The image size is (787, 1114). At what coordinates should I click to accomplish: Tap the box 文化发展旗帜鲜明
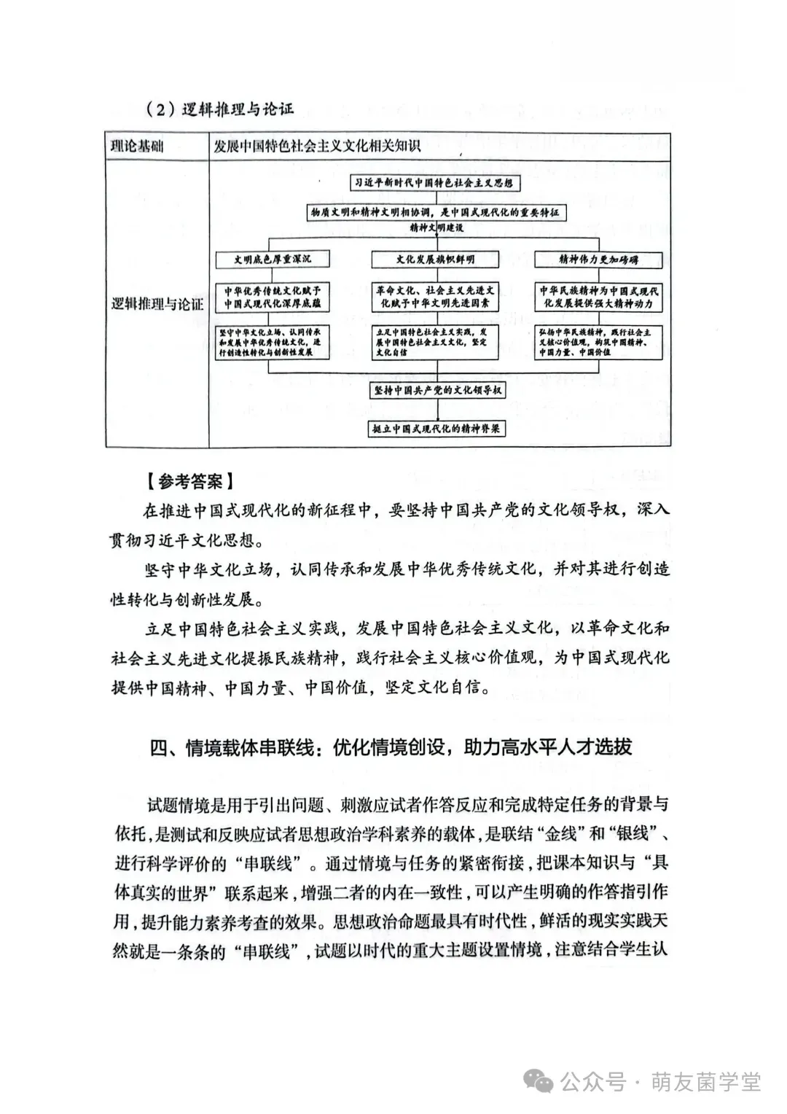[x=434, y=259]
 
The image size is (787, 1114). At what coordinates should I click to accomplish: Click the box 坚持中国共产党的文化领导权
[x=438, y=390]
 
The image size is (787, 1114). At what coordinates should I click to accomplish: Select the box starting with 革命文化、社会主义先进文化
[x=434, y=297]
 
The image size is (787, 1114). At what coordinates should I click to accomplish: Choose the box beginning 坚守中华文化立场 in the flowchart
[x=272, y=342]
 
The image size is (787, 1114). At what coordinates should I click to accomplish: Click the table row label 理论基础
[x=137, y=146]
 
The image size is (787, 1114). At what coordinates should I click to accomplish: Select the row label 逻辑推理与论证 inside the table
[x=157, y=304]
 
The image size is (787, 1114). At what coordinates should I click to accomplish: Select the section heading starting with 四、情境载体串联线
[x=391, y=747]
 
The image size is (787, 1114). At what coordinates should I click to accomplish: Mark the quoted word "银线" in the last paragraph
[x=634, y=833]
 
